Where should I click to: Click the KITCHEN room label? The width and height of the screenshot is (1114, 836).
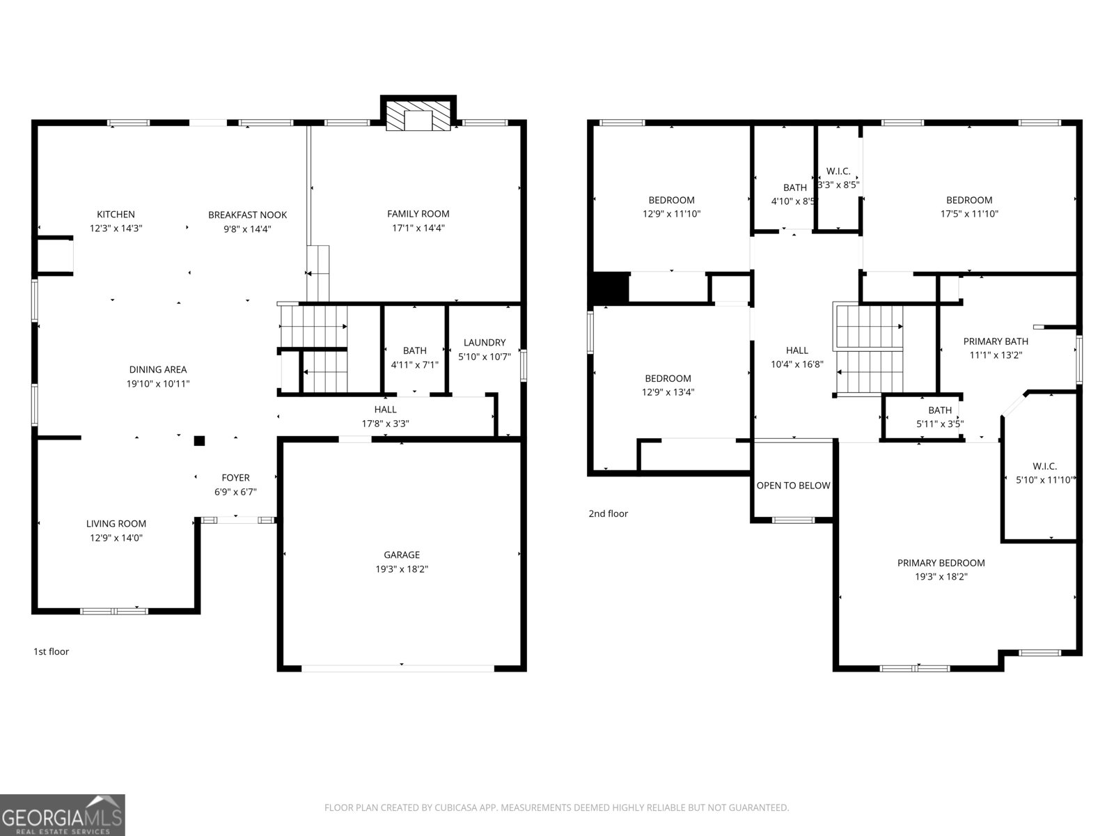coord(116,214)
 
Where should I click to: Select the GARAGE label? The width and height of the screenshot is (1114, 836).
coord(402,555)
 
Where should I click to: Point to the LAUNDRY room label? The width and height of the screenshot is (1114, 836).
coord(484,343)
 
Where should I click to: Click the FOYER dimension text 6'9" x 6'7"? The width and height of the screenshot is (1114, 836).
coord(235,491)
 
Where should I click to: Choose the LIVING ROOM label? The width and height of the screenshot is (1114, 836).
coord(116,523)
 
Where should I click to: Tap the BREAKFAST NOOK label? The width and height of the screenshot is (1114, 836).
coord(247,215)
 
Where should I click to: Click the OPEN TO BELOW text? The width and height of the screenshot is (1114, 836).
coord(793,486)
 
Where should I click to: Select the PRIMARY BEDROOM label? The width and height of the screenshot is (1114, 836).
coord(941,562)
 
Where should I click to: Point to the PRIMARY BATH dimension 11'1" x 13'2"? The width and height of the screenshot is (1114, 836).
coord(996,355)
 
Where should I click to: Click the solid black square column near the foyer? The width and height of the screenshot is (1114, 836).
coord(199,440)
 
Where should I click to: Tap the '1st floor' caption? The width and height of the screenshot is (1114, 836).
coord(51,651)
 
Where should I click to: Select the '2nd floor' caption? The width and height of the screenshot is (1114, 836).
coord(608,513)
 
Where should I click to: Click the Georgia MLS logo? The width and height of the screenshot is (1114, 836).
coord(63,814)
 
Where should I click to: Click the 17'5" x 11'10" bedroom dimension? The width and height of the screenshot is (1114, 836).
coord(969,214)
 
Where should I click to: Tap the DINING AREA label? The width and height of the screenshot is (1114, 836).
coord(158,369)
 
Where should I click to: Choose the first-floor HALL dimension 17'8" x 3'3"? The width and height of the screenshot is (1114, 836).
coord(385,424)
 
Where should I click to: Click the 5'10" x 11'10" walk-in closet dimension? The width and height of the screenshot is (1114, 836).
coord(1044,480)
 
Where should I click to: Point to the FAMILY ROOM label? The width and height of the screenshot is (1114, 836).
coord(418,214)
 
